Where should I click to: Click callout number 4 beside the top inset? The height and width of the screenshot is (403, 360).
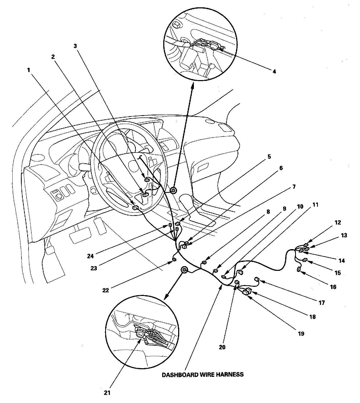click(274, 72)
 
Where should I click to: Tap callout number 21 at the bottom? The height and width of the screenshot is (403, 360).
click(107, 393)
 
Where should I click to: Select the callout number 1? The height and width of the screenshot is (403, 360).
click(29, 70)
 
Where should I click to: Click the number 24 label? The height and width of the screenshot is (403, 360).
click(91, 256)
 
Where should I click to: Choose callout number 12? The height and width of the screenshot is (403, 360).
click(338, 222)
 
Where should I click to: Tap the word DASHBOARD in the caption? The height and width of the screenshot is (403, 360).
click(180, 375)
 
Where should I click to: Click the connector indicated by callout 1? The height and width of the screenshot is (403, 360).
click(136, 208)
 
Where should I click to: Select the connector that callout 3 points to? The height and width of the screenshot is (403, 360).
click(147, 180)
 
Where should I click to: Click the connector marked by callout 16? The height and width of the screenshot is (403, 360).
click(299, 270)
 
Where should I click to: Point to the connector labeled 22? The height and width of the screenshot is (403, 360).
click(175, 259)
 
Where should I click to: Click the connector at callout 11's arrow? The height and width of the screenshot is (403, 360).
click(241, 272)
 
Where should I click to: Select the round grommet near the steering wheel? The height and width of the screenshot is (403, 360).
click(173, 191)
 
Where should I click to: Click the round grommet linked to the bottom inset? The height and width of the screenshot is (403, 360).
click(184, 270)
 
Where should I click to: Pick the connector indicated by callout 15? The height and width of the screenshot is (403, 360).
click(305, 260)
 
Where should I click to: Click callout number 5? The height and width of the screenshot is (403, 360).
click(269, 156)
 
